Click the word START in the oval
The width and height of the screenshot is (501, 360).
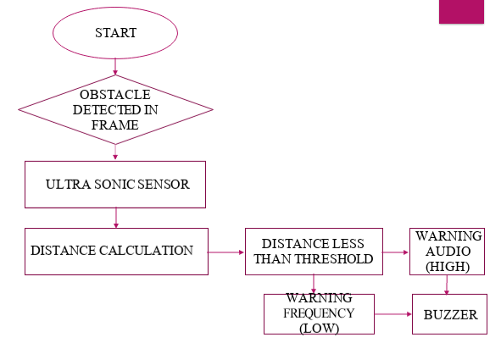click(x=115, y=33)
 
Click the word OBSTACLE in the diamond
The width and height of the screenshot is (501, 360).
click(x=115, y=95)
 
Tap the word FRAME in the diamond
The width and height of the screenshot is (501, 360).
click(x=115, y=125)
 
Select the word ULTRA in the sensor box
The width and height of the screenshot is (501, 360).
click(x=68, y=185)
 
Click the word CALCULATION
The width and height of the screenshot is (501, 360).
click(x=146, y=251)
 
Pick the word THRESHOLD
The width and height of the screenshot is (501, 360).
click(x=334, y=259)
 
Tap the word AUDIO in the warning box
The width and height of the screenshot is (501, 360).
click(x=448, y=252)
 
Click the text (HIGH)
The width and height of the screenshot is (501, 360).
click(x=448, y=267)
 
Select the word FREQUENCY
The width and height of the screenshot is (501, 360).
click(x=319, y=313)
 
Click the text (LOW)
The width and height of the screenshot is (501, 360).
click(x=320, y=328)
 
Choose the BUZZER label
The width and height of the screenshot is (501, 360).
click(x=450, y=315)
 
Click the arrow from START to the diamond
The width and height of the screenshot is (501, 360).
click(x=115, y=67)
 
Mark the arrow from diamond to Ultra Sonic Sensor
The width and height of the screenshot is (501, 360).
click(x=115, y=152)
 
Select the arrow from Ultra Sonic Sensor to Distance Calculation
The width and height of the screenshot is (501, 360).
click(x=116, y=218)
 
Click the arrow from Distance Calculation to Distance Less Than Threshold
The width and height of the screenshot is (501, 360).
click(x=225, y=252)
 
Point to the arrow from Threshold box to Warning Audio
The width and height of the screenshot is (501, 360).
click(x=395, y=252)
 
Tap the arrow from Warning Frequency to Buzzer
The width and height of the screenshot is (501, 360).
click(x=393, y=314)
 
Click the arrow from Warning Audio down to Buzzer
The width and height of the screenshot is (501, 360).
click(x=447, y=285)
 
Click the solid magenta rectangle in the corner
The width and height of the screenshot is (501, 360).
click(x=461, y=12)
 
